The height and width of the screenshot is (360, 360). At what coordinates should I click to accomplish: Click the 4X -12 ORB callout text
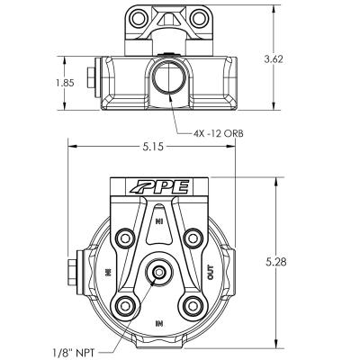click(219, 132)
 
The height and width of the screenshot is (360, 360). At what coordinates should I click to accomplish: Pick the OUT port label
click(211, 271)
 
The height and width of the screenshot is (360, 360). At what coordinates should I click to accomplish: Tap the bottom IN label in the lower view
click(159, 321)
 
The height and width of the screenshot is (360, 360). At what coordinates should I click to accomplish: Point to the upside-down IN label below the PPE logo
click(159, 220)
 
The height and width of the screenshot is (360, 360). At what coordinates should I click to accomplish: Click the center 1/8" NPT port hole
click(159, 272)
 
